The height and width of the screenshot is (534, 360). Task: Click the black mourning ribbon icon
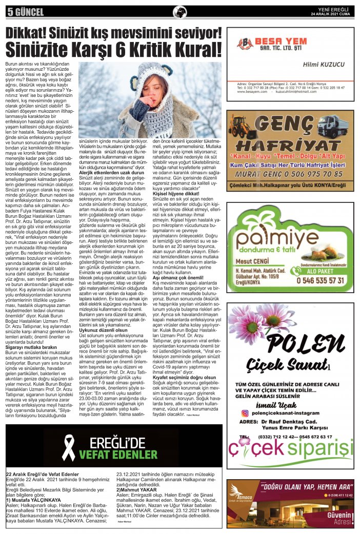click(69, 447)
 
